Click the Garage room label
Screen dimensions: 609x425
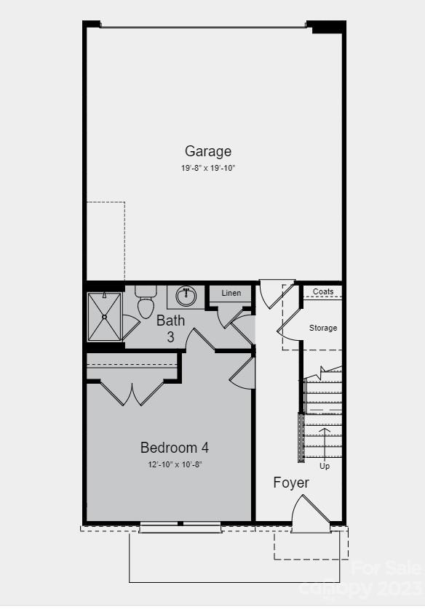point(208,151)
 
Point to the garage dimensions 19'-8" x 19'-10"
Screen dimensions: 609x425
point(208,168)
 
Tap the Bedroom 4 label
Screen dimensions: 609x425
point(175,448)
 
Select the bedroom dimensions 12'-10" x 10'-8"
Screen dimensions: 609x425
point(175,464)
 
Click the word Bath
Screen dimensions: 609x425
point(171,320)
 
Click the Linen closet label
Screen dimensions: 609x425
point(231,294)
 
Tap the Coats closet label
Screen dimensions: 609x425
point(323,292)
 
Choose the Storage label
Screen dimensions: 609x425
point(323,328)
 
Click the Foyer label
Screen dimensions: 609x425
point(291,483)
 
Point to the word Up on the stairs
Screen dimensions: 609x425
point(325,466)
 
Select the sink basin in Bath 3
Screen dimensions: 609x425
point(186,295)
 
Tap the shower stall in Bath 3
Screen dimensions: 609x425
point(105,316)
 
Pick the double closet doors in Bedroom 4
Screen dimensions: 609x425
point(132,392)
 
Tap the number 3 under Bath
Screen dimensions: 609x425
point(170,337)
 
